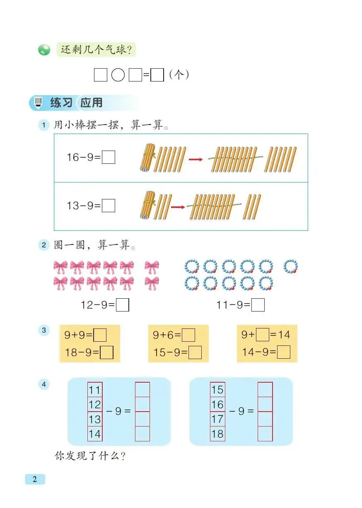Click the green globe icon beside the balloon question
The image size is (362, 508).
pos(44,50)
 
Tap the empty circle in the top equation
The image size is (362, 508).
pos(118,75)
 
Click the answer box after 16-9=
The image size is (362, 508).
pos(109,158)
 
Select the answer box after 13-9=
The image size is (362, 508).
pos(109,206)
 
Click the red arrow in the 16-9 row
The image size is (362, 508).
pos(195,159)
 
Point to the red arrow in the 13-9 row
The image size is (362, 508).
pos(178,206)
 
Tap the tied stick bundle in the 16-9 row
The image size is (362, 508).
pos(147,158)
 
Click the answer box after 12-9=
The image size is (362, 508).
pos(123,305)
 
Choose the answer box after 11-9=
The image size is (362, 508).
pos(258,305)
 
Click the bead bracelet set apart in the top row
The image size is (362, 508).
pos(291,266)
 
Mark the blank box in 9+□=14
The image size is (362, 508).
pos(262,334)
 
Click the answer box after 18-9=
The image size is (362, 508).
pos(107,352)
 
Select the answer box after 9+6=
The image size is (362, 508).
pos(188,335)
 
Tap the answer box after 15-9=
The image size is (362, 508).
pos(195,352)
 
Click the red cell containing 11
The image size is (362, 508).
pos(95,390)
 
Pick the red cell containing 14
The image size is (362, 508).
pos(95,434)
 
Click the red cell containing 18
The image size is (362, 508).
pos(217,434)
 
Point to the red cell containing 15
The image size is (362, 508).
pos(217,390)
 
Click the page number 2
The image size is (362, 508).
pos(35,479)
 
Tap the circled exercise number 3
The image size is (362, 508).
pos(43,331)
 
